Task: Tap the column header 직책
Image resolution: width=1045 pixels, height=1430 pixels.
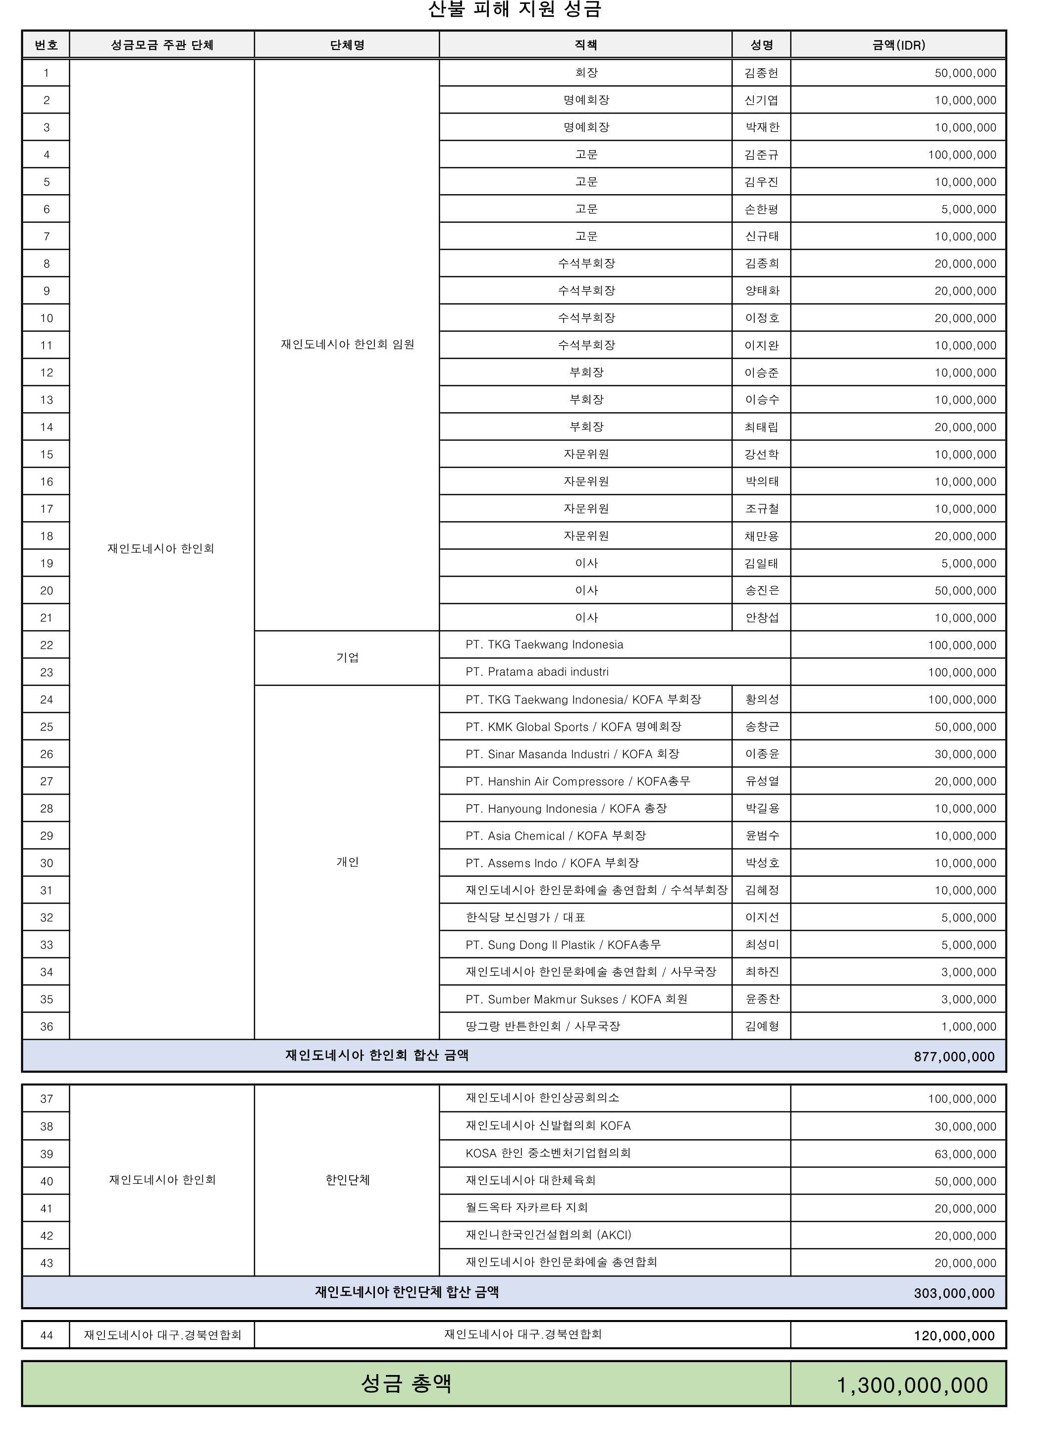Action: pos(586,45)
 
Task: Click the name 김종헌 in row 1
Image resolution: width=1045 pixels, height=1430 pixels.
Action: pos(762,73)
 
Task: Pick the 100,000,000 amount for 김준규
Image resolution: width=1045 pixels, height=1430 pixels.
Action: pos(961,155)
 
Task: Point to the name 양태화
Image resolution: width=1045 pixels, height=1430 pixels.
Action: pos(762,291)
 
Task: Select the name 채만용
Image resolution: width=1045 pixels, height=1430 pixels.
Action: pos(762,536)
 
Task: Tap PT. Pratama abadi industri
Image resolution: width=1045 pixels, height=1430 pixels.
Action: pos(537,672)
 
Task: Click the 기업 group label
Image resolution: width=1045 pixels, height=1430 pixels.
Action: pos(347,658)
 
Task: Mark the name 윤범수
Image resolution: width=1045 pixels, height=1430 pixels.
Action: pos(762,836)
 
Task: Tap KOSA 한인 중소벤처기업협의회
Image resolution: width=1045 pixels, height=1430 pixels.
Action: pos(548,1153)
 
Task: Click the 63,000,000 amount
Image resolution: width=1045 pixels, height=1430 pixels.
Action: pos(965,1154)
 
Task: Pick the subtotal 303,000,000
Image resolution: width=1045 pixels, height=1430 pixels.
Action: pos(954,1293)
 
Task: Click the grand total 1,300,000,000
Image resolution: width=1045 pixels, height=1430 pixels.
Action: pos(912,1385)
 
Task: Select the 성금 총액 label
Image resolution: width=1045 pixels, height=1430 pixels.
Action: pos(406,1384)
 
